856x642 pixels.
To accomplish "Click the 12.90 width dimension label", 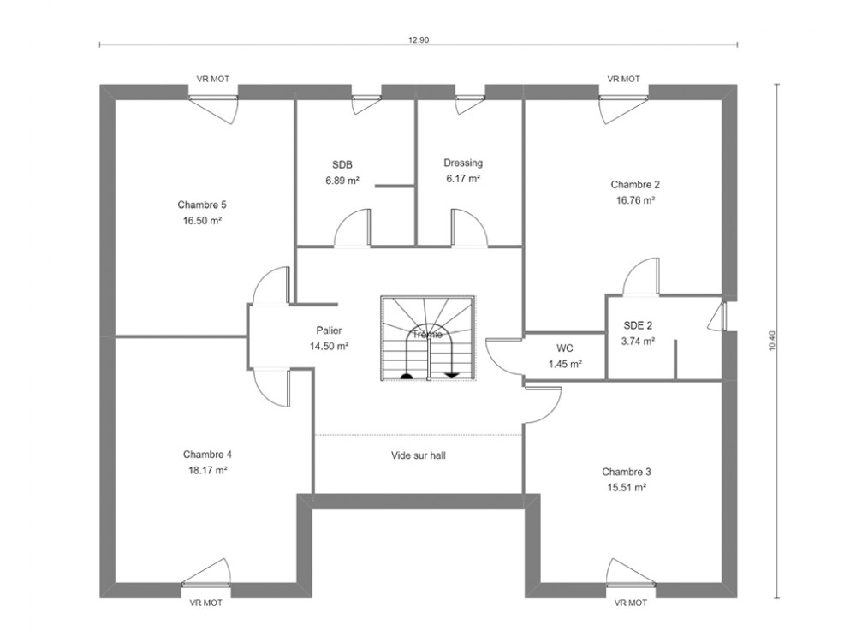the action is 419,40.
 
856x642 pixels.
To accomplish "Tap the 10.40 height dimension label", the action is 771,340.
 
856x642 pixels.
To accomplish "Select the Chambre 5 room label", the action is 202,205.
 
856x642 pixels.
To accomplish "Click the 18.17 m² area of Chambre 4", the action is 207,470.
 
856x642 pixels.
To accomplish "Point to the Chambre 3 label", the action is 627,472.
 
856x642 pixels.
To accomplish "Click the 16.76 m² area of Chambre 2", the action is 635,200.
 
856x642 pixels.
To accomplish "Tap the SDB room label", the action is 342,164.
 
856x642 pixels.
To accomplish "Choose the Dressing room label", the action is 463,163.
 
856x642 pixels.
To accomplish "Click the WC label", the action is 565,348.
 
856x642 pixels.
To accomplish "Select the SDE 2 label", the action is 638,325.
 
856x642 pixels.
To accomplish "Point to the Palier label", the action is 330,330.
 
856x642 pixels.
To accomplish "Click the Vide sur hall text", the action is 419,455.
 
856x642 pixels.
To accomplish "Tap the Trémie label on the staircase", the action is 427,334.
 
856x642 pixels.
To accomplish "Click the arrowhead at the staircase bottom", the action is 452,375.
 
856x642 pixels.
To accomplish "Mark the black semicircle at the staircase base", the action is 407,375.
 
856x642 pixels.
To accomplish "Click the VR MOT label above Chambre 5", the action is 213,79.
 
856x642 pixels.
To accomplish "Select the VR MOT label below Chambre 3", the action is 631,603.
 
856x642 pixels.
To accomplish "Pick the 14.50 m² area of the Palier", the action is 330,346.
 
